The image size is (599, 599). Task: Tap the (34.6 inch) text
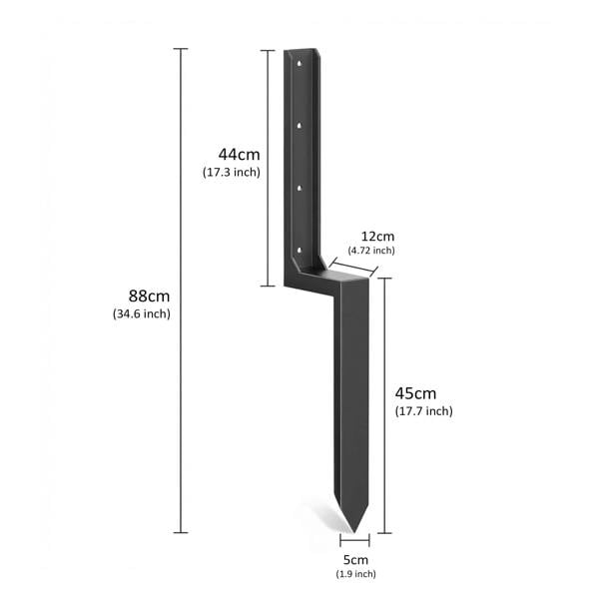coord(142,314)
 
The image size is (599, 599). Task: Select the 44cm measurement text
coord(239,154)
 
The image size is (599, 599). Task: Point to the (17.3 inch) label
coord(231,173)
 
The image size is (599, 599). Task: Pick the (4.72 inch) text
coord(371,250)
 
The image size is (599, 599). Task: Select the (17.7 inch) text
coord(424,411)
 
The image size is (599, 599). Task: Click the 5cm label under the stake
coord(355,559)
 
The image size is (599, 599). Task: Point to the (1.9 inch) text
coord(356,574)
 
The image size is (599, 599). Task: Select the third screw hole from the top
coord(300,186)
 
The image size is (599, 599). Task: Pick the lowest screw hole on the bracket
coord(300,246)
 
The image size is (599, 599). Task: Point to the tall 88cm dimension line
coord(181,299)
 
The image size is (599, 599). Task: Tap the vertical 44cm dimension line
coord(268,168)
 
